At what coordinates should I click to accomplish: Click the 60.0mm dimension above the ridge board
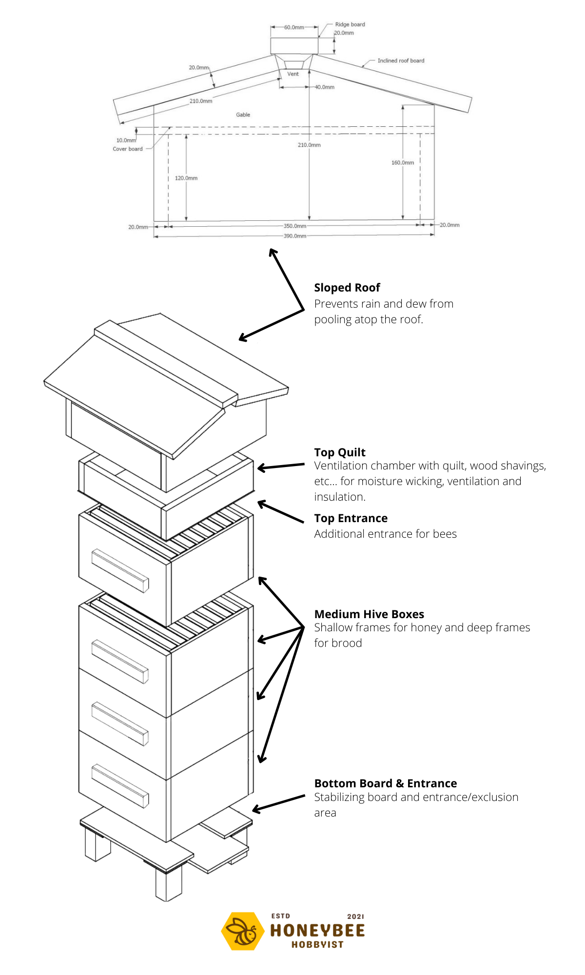coord(294,28)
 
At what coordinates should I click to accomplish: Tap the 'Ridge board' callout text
coord(350,24)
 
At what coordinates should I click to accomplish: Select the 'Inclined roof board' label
coord(401,61)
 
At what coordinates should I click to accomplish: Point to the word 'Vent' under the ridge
coord(293,74)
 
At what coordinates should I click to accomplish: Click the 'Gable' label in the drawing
coord(243,115)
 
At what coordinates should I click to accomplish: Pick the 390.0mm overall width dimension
coord(295,236)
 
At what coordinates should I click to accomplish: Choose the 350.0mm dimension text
coord(295,226)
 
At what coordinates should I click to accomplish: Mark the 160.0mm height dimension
coord(403,163)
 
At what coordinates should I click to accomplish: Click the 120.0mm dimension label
coord(186,178)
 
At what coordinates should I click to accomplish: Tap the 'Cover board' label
coord(128,149)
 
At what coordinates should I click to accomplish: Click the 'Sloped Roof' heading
coord(347,288)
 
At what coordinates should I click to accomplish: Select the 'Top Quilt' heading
coord(340,452)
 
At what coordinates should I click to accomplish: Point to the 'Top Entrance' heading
coord(351,518)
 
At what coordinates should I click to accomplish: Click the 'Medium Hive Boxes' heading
coord(369,614)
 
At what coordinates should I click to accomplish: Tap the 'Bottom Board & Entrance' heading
coord(386,783)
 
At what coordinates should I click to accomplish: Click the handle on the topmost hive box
coord(120,571)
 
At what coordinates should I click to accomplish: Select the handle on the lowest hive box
coord(120,786)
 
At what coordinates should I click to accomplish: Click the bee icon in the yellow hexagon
coord(241,931)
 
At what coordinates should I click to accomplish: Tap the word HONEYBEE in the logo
coord(317,931)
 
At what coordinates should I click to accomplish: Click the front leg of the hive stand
coord(169,882)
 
